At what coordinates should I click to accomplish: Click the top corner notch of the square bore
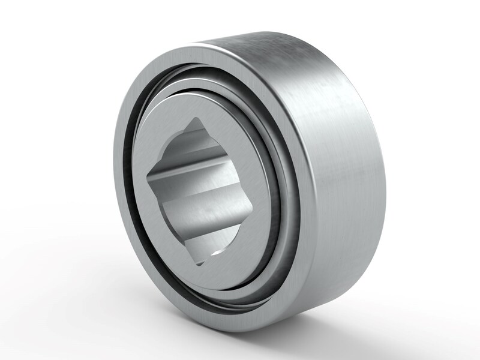click(x=199, y=122)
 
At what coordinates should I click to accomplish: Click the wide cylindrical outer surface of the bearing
click(x=336, y=180)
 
